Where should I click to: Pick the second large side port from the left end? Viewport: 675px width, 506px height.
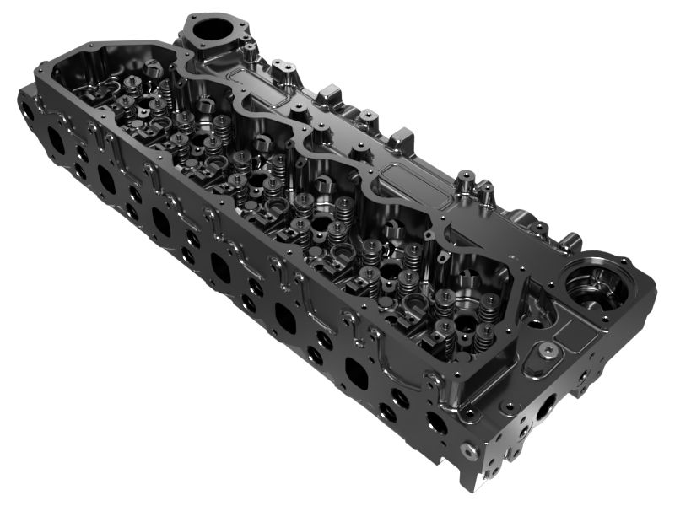pyautogui.click(x=106, y=178)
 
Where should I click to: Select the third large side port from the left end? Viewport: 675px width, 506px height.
pyautogui.click(x=160, y=221)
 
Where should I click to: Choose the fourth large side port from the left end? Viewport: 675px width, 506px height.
pyautogui.click(x=219, y=268)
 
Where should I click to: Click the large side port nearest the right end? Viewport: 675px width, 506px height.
pyautogui.click(x=356, y=372)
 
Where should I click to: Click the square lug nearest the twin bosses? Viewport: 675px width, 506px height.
pyautogui.click(x=402, y=135)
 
